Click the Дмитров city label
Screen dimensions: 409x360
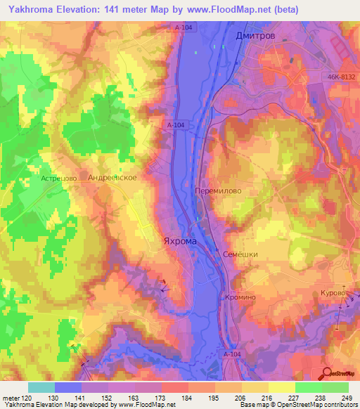pos(255,34)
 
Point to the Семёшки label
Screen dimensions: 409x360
pos(240,254)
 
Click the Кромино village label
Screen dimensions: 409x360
pos(240,297)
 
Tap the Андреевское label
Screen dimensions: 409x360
pos(112,178)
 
